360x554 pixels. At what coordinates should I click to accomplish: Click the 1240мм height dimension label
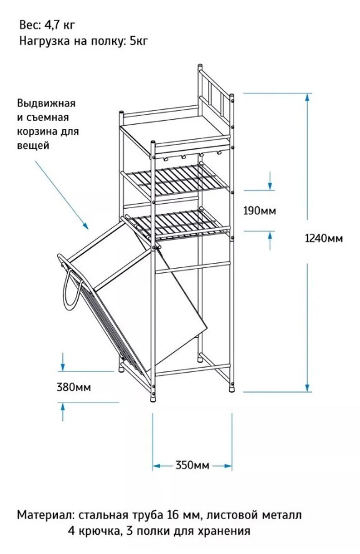(x=324, y=239)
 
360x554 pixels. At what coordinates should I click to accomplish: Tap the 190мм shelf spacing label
(x=260, y=211)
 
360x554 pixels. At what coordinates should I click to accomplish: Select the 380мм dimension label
(x=74, y=387)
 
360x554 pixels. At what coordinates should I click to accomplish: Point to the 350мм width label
(x=192, y=466)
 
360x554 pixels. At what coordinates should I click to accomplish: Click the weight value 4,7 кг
(x=60, y=25)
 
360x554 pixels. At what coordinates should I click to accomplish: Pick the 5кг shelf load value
(x=139, y=41)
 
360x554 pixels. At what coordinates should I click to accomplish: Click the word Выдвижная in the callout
(x=46, y=103)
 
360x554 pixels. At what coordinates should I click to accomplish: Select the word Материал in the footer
(x=45, y=515)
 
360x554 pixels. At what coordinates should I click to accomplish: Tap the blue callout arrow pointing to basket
(x=62, y=196)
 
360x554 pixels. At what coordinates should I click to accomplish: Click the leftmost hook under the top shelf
(x=164, y=158)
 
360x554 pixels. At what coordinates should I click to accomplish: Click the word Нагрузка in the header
(x=44, y=41)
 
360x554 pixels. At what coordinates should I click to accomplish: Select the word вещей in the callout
(x=33, y=145)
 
